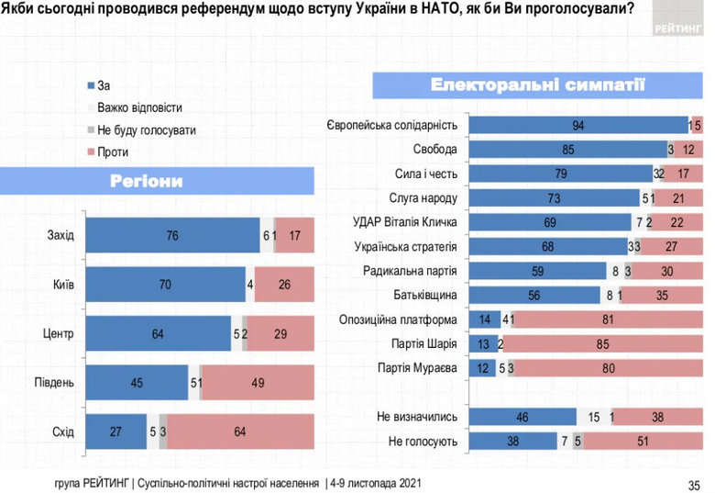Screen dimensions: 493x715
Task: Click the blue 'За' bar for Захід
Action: click(172, 236)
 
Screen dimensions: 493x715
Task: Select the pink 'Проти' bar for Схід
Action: click(240, 431)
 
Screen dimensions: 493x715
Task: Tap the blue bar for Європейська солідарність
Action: click(577, 125)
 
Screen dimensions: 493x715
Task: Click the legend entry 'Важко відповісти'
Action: click(138, 107)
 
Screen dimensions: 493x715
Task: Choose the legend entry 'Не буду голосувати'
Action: click(146, 129)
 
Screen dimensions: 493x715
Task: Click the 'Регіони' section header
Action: click(147, 182)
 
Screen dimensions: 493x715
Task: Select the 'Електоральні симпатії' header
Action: click(539, 85)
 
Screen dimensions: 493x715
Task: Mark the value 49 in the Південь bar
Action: click(258, 383)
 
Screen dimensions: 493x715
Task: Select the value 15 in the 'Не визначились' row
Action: click(594, 417)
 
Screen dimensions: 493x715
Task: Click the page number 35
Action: click(693, 483)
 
